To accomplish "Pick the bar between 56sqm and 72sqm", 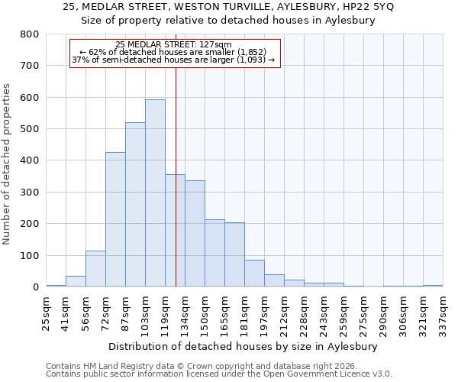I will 95,268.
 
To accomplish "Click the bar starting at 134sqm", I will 195,234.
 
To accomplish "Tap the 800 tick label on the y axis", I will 29,34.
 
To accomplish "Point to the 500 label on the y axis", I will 29,129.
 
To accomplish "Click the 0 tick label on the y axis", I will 36,287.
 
